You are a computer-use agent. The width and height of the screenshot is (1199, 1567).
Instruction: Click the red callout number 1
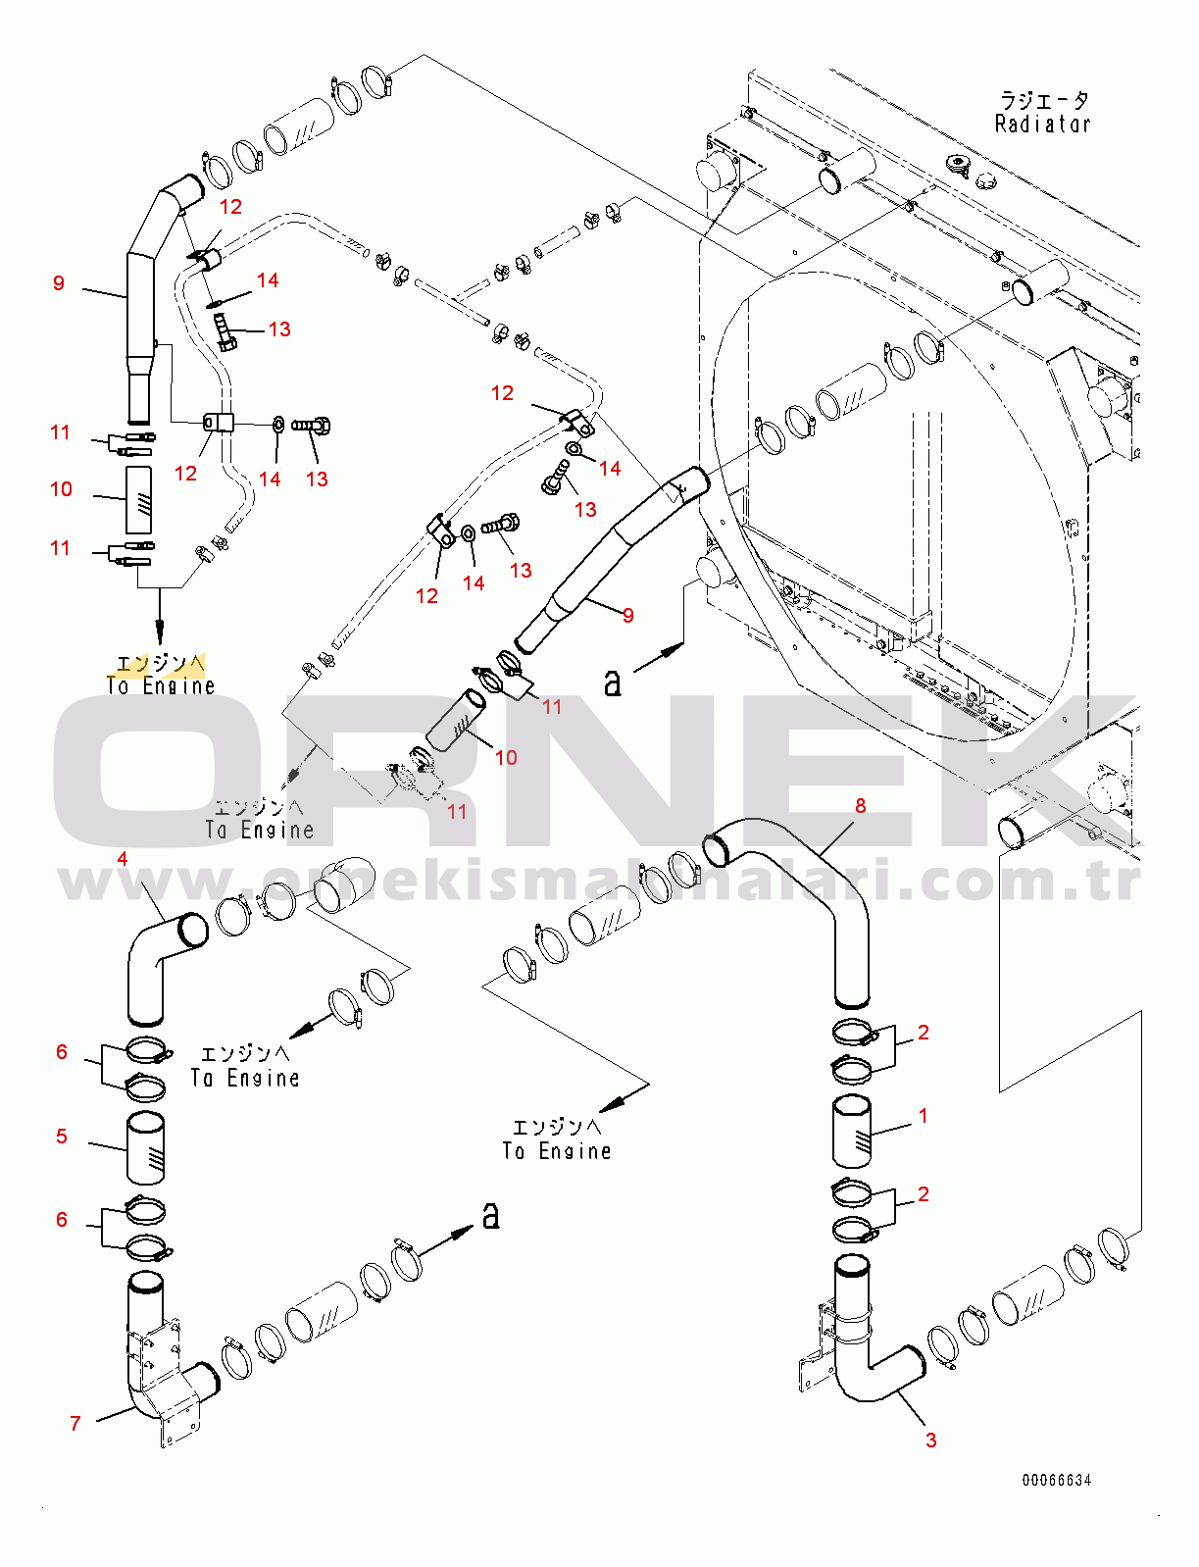click(x=923, y=1116)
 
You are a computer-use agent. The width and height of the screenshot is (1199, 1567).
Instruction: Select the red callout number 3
click(x=930, y=1440)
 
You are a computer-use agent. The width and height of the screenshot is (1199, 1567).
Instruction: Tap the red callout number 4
click(x=123, y=859)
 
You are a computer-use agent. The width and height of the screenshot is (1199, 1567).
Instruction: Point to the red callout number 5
click(x=62, y=1137)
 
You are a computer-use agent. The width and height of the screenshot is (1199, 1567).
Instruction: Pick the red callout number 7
click(x=75, y=1423)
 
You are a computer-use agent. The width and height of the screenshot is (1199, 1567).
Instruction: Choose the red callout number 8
click(x=861, y=806)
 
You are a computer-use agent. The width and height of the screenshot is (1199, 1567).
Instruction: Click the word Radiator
click(x=1042, y=125)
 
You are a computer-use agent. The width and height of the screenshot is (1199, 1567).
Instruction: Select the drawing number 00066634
click(x=1056, y=1480)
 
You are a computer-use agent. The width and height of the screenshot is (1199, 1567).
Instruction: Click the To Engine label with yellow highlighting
click(x=160, y=675)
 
